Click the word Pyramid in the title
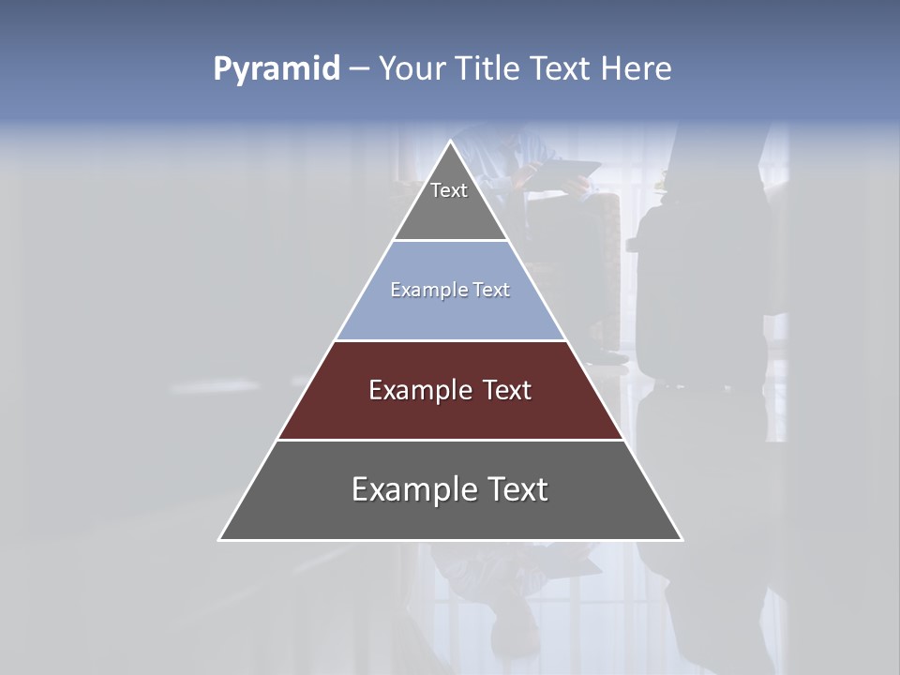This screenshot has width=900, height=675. click(x=277, y=68)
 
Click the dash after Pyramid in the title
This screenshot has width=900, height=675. click(x=358, y=69)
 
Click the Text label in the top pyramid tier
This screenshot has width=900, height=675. click(x=449, y=190)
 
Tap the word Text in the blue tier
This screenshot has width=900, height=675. click(x=491, y=290)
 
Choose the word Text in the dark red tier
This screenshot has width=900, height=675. click(x=507, y=390)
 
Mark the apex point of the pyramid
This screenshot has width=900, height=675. click(x=451, y=142)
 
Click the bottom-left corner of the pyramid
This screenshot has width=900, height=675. click(x=219, y=540)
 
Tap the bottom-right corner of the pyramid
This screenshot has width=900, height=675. click(x=682, y=540)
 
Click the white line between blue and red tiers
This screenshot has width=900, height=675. click(x=451, y=340)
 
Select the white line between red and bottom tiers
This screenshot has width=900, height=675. click(x=451, y=440)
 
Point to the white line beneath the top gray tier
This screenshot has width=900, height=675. click(x=451, y=241)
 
